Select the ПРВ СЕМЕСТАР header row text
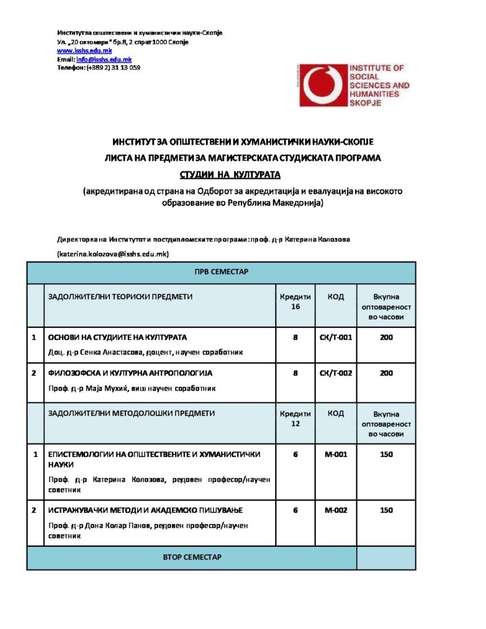221,272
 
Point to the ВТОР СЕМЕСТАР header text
192,557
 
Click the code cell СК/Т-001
335,337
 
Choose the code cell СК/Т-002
335,373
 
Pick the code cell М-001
335,454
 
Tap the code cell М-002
335,510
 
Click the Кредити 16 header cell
296,302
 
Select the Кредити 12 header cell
296,418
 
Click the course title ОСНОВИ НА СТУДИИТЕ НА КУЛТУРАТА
117,337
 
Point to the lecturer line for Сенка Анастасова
146,352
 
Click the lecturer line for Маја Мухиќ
132,388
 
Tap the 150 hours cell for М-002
386,510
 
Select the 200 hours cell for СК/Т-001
386,337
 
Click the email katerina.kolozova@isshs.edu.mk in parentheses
113,253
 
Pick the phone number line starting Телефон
98,68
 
